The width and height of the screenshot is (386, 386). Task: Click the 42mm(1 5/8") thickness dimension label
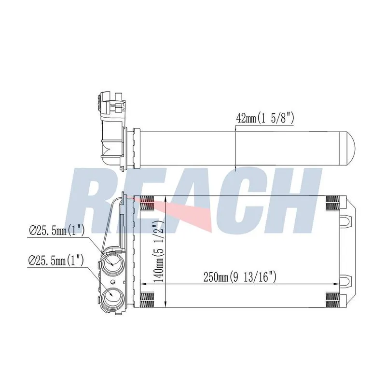click(264, 119)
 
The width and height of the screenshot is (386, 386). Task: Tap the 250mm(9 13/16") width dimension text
click(240, 277)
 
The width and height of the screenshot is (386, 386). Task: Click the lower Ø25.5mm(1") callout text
click(56, 260)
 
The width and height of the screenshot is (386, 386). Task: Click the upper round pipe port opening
click(111, 264)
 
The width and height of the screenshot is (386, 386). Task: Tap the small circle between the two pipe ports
click(113, 282)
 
